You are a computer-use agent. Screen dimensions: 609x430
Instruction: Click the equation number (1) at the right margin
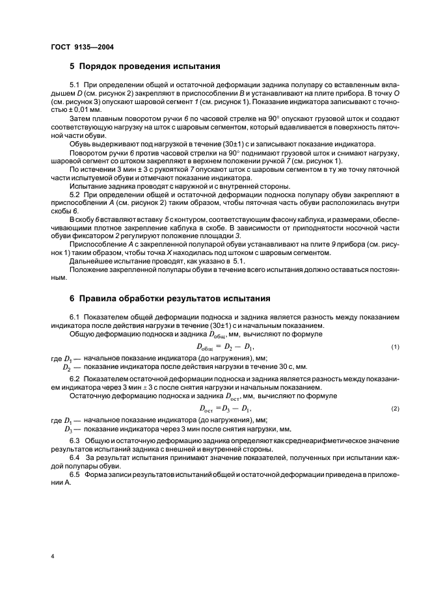(395, 347)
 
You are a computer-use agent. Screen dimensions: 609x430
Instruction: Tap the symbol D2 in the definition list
(67, 368)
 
